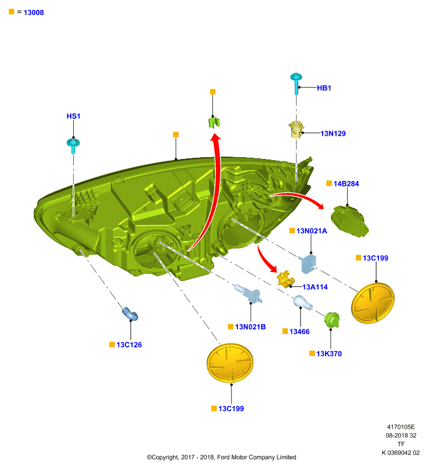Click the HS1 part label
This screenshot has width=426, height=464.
click(x=73, y=116)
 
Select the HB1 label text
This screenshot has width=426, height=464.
click(x=324, y=88)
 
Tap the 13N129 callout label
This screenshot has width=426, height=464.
click(x=333, y=133)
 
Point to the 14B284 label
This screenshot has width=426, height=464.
click(x=346, y=184)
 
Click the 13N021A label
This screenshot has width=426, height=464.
click(x=312, y=231)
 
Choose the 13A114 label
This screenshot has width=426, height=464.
click(x=315, y=287)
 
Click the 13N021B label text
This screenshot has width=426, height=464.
click(x=251, y=327)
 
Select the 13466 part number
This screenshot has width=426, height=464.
click(x=299, y=331)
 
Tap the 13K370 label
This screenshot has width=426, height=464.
click(x=329, y=354)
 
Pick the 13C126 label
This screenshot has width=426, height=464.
click(x=129, y=345)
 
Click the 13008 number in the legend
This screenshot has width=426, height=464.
click(x=34, y=12)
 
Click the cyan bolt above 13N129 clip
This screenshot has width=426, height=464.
click(x=296, y=83)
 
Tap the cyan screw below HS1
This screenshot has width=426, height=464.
click(x=73, y=146)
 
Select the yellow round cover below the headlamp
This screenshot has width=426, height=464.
click(x=230, y=363)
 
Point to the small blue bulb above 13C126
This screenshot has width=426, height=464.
click(x=130, y=314)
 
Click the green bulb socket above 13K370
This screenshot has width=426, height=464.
click(x=332, y=320)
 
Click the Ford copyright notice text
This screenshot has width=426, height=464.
click(x=222, y=457)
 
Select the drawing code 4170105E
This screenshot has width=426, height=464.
click(x=401, y=427)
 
